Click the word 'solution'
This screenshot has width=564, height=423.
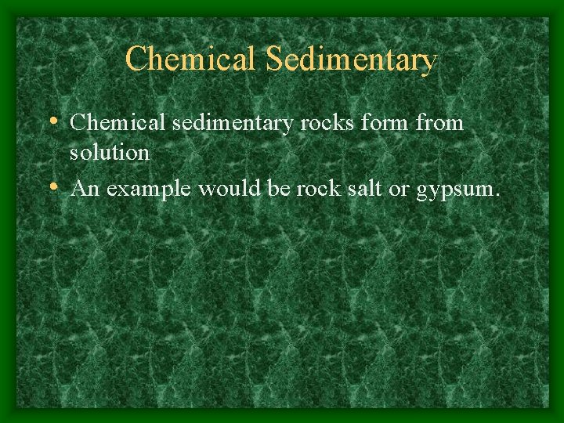tap(110, 153)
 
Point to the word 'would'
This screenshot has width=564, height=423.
tap(228, 189)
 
